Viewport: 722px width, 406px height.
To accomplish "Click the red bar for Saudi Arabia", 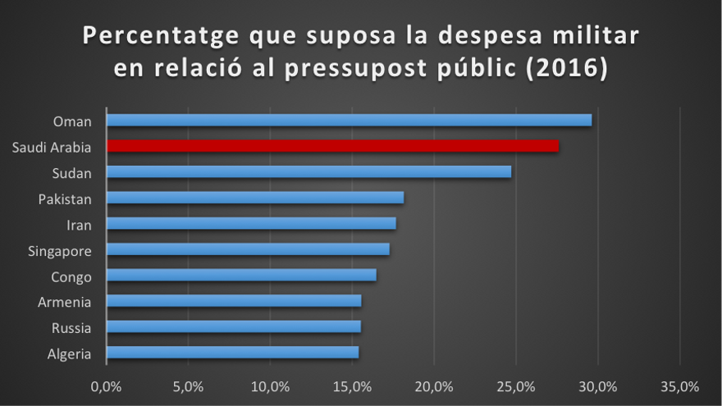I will tap(332, 146).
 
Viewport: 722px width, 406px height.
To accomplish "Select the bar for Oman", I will tap(349, 121).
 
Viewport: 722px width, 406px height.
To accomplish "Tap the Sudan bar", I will tap(308, 172).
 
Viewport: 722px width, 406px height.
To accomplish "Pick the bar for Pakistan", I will tap(255, 198).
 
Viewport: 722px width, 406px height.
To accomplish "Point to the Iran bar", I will tap(251, 223).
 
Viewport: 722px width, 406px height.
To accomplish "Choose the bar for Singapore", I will tap(248, 249).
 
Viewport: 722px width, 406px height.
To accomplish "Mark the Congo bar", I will tap(241, 275).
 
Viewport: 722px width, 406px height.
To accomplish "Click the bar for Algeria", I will tap(232, 353).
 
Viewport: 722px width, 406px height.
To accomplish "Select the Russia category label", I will tap(71, 327).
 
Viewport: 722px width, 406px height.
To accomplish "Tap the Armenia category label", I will tap(65, 302).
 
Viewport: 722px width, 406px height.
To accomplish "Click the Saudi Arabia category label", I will tap(52, 148).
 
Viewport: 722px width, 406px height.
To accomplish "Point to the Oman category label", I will tap(72, 121).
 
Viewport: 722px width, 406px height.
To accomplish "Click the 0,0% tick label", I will tap(106, 385).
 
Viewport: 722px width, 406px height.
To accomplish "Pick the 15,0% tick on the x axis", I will tap(352, 385).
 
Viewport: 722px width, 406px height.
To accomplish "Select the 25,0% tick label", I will tap(516, 385).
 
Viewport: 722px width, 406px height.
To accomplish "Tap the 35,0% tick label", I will tap(680, 385).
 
